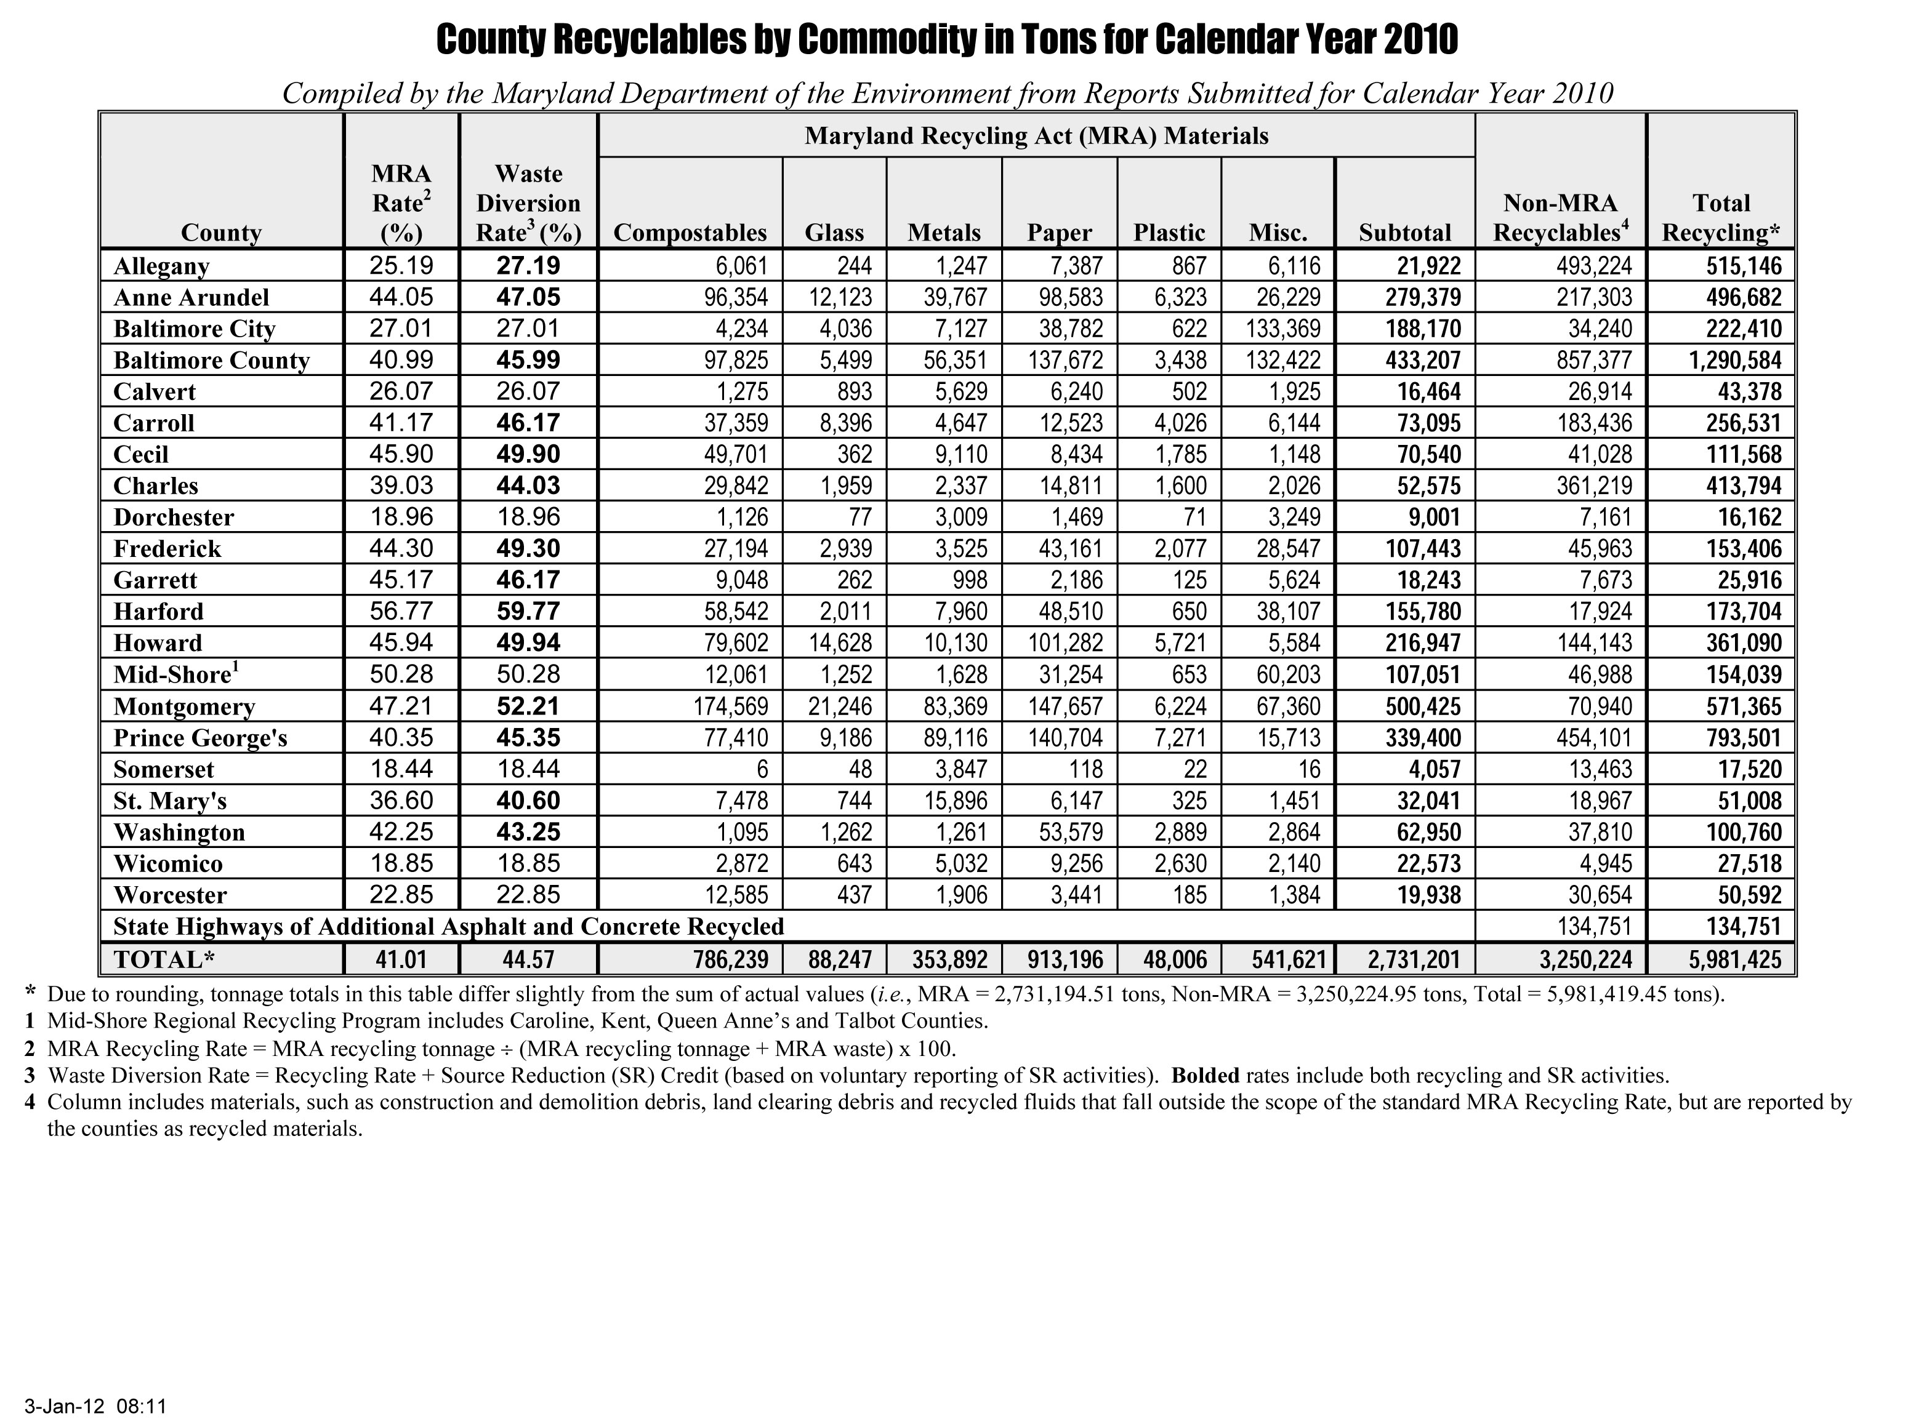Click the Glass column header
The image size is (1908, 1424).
tap(834, 233)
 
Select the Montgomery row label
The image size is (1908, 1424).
tap(185, 707)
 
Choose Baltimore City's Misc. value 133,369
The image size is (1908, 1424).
tap(1283, 329)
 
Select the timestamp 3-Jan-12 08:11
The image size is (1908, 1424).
tap(95, 1406)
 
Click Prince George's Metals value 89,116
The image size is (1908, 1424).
tap(956, 738)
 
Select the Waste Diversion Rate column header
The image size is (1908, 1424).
tap(528, 204)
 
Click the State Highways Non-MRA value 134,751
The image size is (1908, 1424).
tap(1596, 927)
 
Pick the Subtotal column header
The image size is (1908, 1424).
tap(1404, 233)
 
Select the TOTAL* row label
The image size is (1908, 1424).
tap(164, 959)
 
